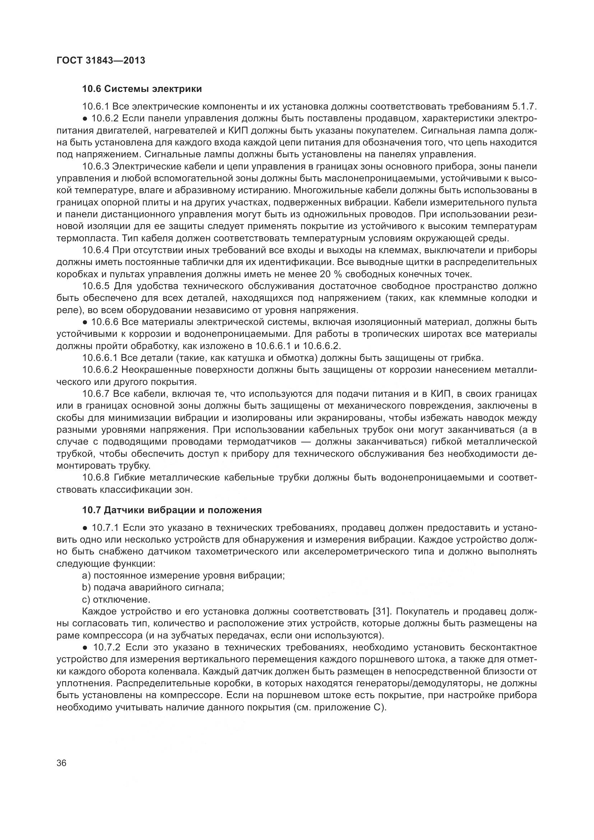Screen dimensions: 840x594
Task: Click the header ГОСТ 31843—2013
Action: point(101,60)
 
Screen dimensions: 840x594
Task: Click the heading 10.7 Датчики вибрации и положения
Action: point(172,510)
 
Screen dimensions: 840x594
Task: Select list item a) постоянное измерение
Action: point(183,575)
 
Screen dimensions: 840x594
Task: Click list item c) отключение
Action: point(116,600)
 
